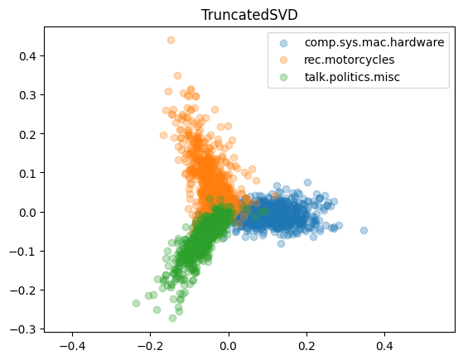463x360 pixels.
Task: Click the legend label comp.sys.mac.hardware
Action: coord(374,41)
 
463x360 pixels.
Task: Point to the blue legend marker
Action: coord(284,42)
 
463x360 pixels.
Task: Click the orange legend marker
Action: coord(284,60)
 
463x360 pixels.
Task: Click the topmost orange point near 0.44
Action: coord(171,40)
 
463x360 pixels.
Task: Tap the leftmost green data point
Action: coord(136,303)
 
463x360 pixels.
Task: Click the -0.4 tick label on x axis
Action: coord(72,346)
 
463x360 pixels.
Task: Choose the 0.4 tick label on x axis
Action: coord(384,346)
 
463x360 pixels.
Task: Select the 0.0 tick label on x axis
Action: coord(228,346)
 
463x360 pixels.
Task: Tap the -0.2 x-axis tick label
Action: coord(150,346)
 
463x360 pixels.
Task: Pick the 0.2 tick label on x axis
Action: coord(306,346)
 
